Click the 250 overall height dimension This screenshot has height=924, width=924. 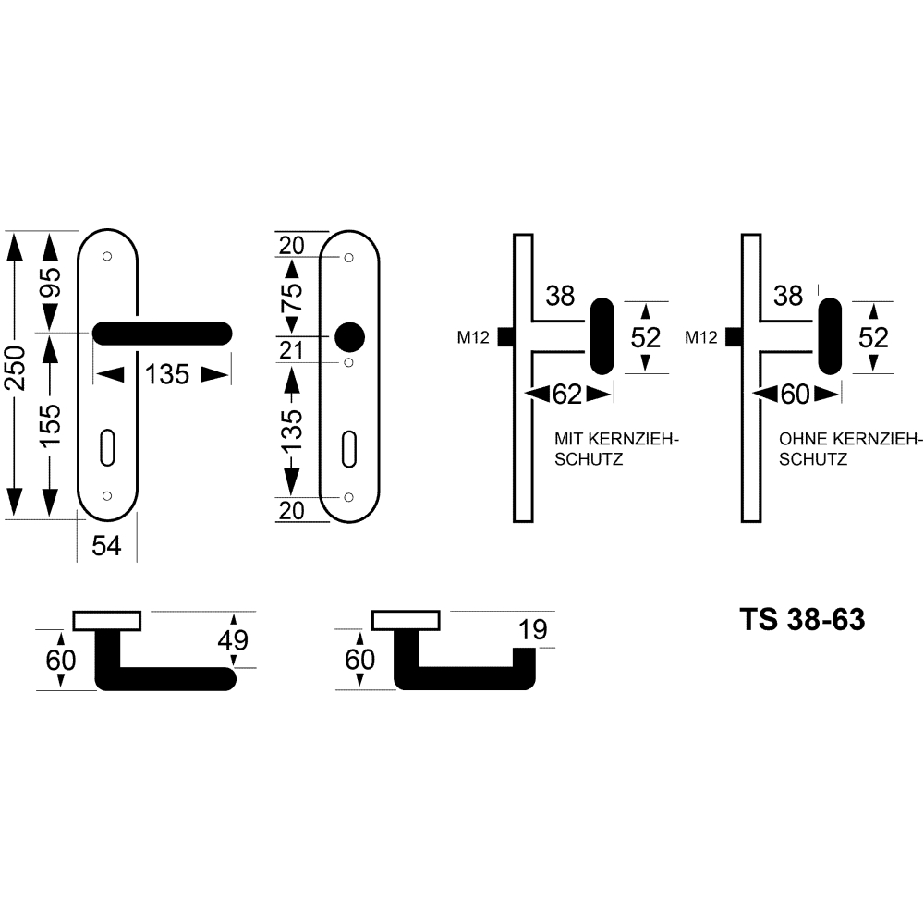pyautogui.click(x=17, y=369)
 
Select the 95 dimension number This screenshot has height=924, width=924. pyautogui.click(x=51, y=282)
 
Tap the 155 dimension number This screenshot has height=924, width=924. pyautogui.click(x=51, y=425)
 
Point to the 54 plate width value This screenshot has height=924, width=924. pyautogui.click(x=106, y=546)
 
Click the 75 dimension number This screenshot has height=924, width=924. pyautogui.click(x=292, y=297)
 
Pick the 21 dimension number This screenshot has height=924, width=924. pyautogui.click(x=291, y=350)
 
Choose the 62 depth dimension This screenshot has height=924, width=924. pyautogui.click(x=567, y=395)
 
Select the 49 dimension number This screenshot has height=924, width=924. pyautogui.click(x=233, y=640)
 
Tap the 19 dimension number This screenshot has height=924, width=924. pyautogui.click(x=533, y=630)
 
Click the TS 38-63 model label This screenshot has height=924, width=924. pyautogui.click(x=802, y=619)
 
